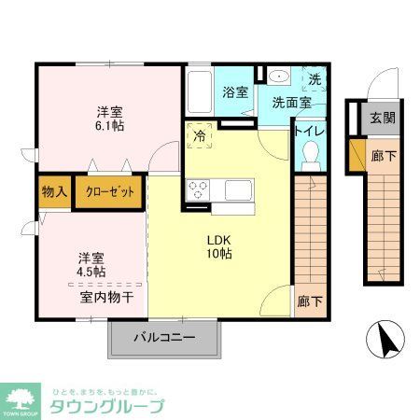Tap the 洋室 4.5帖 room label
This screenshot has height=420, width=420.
pos(91,264)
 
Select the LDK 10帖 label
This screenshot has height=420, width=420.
pos(219,245)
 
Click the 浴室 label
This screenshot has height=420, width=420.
pos(235,92)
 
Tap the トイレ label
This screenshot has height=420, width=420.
pos(311,131)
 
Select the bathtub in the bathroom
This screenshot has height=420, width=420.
pos(200,91)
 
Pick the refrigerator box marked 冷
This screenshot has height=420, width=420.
pos(200,136)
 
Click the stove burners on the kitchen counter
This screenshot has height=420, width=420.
pos(198,189)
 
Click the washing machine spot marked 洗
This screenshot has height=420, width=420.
pos(315,81)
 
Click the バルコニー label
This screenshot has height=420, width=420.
pos(164,337)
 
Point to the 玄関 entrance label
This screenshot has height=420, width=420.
pos(381,118)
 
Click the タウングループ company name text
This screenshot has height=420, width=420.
pos(106,406)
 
